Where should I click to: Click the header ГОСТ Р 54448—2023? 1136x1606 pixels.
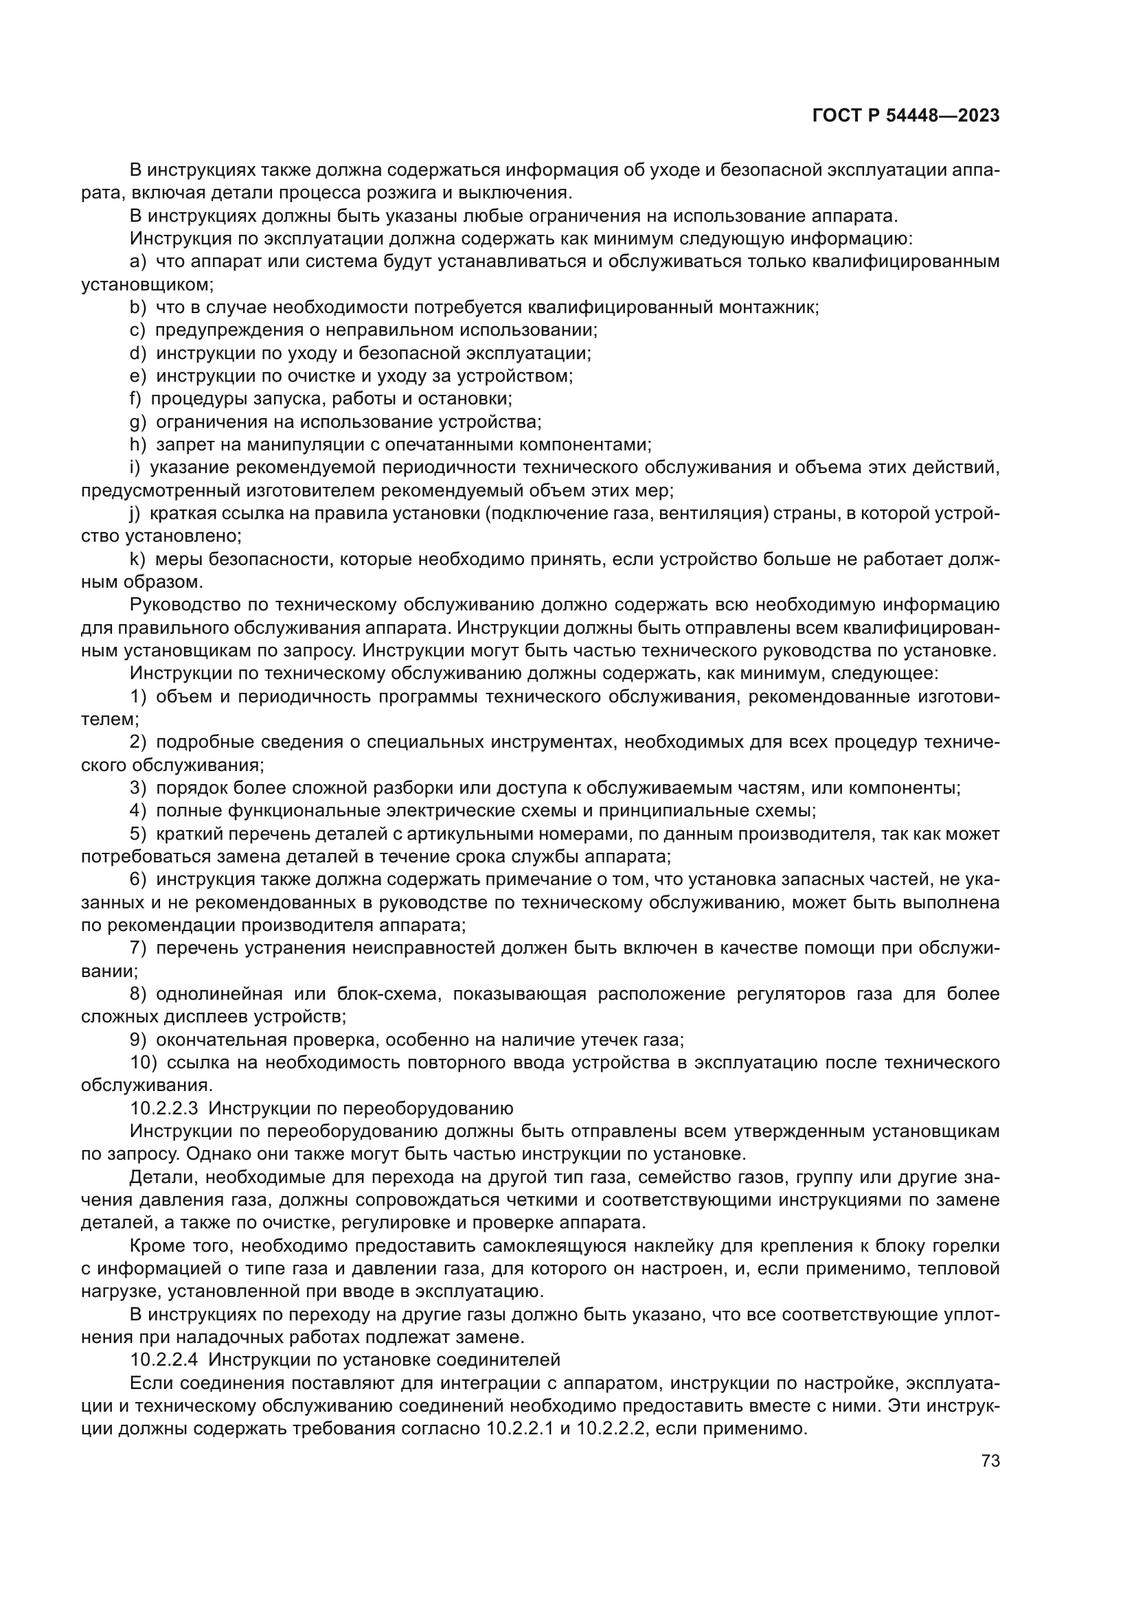(905, 115)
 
